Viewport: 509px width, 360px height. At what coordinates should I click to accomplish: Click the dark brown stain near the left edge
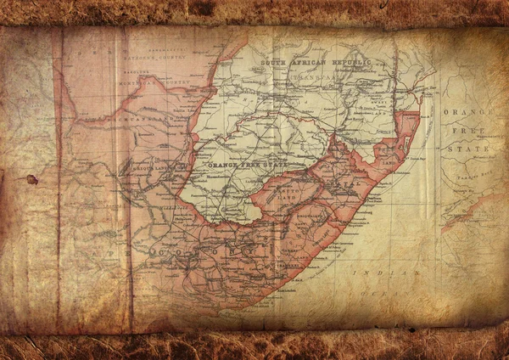coord(32,179)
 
